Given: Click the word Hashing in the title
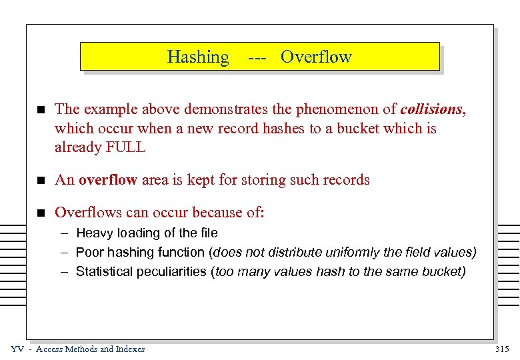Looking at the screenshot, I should pyautogui.click(x=198, y=57).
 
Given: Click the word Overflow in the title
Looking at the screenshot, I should pyautogui.click(x=316, y=57).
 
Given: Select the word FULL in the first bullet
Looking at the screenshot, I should pyautogui.click(x=125, y=147).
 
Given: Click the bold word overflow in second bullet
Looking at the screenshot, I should pyautogui.click(x=107, y=179).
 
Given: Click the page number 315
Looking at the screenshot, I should pyautogui.click(x=503, y=349).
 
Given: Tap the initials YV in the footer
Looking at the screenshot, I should pyautogui.click(x=17, y=349).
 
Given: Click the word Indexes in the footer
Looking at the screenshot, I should pyautogui.click(x=131, y=349).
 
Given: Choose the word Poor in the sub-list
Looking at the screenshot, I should pyautogui.click(x=89, y=252).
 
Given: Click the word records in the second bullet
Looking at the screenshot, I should pyautogui.click(x=345, y=179).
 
